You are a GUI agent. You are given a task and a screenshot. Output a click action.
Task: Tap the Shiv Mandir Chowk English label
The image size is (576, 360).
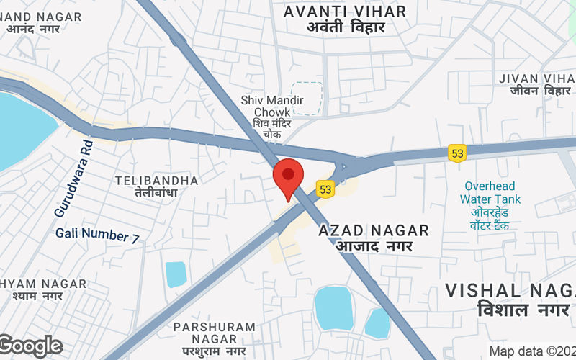tap(282, 107)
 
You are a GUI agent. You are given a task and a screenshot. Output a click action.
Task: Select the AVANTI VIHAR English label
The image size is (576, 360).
tap(345, 12)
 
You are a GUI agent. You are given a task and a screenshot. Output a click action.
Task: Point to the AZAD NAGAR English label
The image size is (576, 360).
tap(374, 230)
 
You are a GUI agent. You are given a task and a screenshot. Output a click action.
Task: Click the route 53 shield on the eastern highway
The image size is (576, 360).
tap(457, 153)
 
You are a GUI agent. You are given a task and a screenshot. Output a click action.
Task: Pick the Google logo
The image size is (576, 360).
tap(30, 346)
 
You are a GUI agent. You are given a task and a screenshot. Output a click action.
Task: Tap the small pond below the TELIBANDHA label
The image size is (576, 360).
tap(176, 274)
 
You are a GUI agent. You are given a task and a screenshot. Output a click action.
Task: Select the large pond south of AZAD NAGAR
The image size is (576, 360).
tap(334, 307)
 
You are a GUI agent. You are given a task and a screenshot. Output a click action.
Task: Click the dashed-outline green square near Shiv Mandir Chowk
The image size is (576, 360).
tap(307, 98)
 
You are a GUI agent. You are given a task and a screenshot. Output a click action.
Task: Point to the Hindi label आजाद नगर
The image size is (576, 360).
tap(374, 246)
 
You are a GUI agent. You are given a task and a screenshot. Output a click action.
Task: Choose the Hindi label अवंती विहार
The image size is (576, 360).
tap(345, 27)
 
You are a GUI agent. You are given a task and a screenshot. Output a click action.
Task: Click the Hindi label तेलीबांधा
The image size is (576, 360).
tap(156, 193)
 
